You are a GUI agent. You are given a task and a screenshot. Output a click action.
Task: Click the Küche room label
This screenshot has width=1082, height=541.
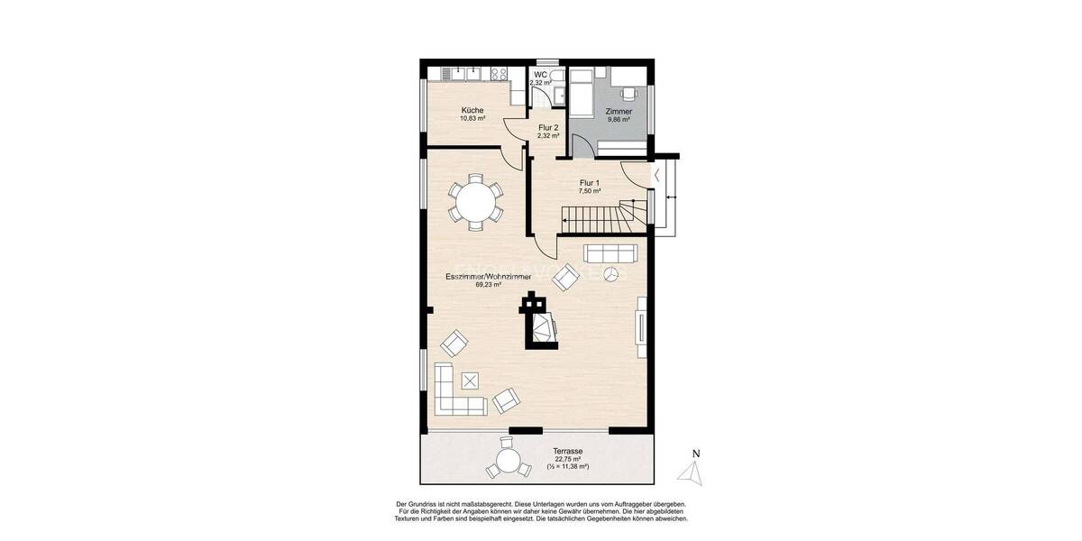tap(472, 111)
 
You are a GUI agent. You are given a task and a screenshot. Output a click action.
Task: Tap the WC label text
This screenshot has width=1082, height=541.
tap(541, 75)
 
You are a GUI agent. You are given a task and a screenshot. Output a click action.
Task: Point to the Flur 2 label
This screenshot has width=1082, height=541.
tap(548, 128)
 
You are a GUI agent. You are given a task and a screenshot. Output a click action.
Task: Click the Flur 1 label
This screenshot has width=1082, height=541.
tap(590, 184)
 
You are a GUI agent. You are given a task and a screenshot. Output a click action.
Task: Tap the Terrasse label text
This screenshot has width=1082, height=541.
tap(569, 452)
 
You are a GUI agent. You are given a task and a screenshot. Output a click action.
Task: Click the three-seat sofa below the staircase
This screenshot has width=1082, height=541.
tap(610, 252)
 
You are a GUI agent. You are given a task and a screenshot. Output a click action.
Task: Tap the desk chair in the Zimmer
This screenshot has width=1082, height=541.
tap(628, 90)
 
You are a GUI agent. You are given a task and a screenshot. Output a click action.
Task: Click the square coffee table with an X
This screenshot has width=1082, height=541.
tap(469, 380)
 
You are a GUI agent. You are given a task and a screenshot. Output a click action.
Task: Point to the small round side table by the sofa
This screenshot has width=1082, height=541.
tap(611, 273)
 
